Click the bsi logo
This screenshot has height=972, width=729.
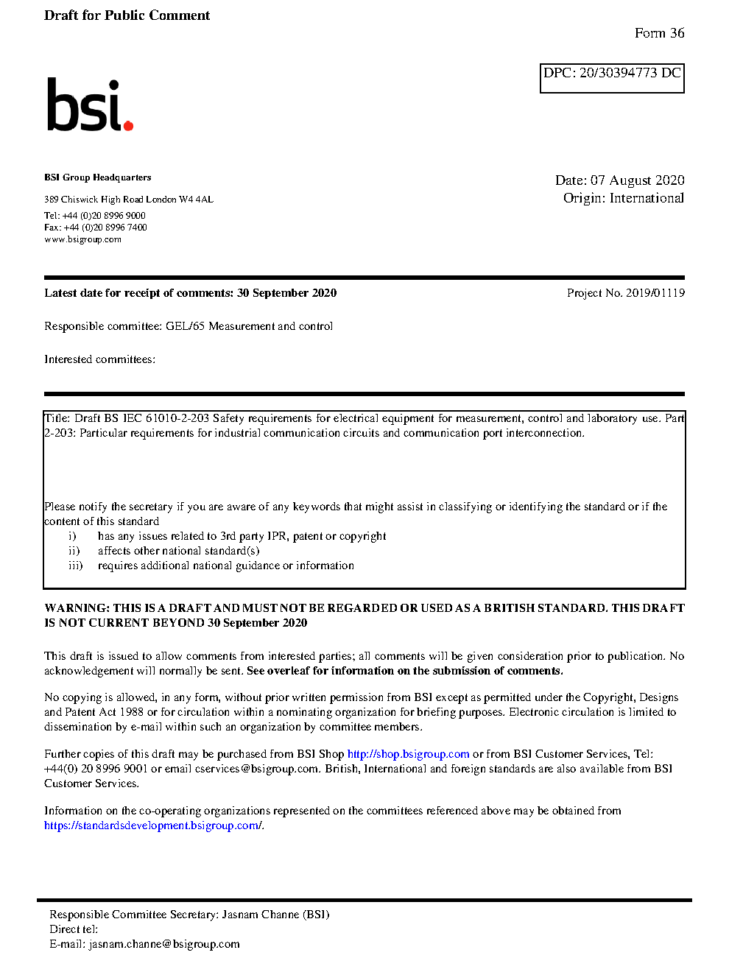[x=89, y=105]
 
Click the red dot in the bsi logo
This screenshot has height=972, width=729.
[x=128, y=126]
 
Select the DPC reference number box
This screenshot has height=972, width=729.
[x=612, y=78]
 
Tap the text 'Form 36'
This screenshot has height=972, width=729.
[x=659, y=33]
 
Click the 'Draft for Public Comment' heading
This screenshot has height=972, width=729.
[x=127, y=15]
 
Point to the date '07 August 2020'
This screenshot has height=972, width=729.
[x=638, y=180]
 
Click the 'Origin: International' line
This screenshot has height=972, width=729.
[x=623, y=198]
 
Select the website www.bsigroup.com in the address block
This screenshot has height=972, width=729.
[x=82, y=239]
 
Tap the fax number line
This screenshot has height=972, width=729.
[x=95, y=228]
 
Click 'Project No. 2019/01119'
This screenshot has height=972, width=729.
[x=625, y=293]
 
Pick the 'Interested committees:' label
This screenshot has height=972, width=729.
[x=99, y=359]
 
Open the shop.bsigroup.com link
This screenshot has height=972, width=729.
[x=408, y=754]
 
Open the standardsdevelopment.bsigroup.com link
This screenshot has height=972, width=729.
[x=152, y=825]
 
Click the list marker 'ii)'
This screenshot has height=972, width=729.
[x=74, y=551]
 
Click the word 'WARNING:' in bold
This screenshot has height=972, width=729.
[x=77, y=608]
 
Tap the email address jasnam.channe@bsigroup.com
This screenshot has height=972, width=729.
[x=164, y=944]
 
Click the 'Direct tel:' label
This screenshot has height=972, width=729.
[x=73, y=929]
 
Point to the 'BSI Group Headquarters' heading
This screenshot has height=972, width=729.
[x=97, y=177]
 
